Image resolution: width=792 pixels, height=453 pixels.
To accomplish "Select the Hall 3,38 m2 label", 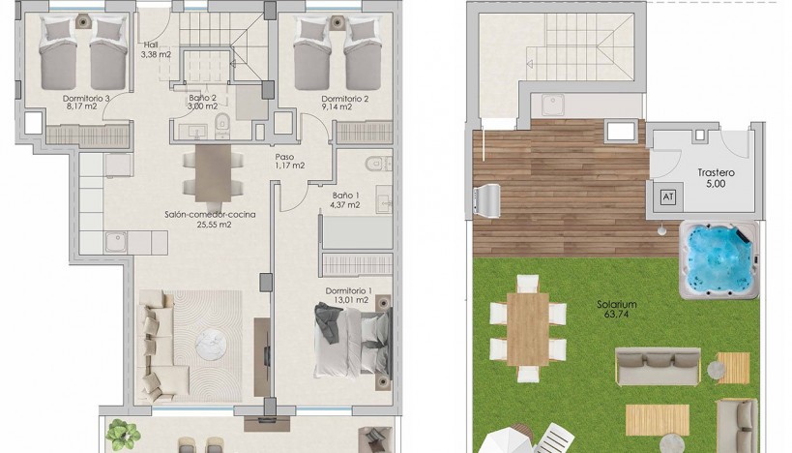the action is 157,49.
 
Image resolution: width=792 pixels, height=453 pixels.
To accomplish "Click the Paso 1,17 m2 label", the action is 289,162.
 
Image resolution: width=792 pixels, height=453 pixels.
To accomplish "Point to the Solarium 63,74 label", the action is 617,309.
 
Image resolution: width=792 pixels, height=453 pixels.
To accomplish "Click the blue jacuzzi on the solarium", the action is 719,259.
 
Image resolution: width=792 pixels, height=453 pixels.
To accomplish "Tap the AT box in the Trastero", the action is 668,196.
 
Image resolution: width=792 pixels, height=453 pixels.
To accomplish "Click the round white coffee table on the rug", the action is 211,345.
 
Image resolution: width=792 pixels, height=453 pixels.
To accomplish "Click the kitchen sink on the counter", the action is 116,242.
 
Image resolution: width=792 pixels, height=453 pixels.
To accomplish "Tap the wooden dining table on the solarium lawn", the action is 528,329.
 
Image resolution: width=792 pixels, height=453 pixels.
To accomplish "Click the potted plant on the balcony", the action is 123,436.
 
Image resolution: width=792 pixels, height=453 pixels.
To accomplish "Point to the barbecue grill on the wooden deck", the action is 486,200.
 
